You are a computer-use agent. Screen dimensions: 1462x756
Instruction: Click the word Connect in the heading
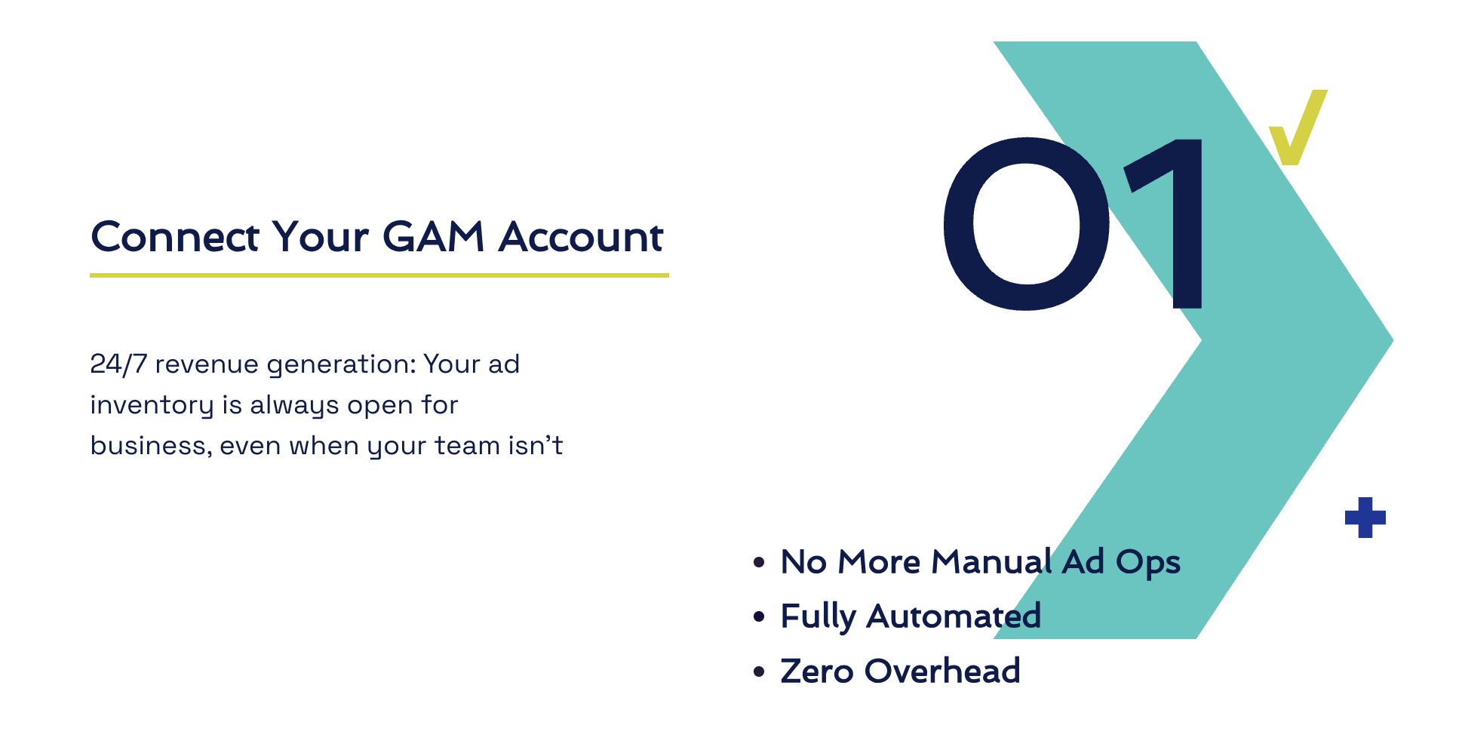(175, 237)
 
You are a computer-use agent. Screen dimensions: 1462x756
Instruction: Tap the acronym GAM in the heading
(433, 237)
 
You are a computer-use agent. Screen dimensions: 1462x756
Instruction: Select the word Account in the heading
(581, 237)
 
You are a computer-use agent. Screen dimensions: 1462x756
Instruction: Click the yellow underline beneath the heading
(379, 275)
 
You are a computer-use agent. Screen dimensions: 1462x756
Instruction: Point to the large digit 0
(1026, 223)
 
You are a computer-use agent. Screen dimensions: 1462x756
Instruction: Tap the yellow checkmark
(1298, 127)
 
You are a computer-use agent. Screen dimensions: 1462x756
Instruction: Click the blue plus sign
(1365, 518)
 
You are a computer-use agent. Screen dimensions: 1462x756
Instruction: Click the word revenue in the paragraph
(207, 365)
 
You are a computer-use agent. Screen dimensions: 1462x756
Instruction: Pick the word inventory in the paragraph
(152, 406)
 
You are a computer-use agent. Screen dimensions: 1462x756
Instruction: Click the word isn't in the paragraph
(536, 446)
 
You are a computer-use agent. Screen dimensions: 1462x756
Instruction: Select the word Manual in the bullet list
(991, 562)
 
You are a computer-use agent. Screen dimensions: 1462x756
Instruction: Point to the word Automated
(954, 616)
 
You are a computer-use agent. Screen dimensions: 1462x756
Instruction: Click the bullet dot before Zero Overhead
(760, 671)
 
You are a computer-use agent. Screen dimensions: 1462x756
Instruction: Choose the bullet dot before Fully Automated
(760, 617)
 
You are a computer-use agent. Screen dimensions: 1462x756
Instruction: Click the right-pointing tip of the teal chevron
(1393, 340)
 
